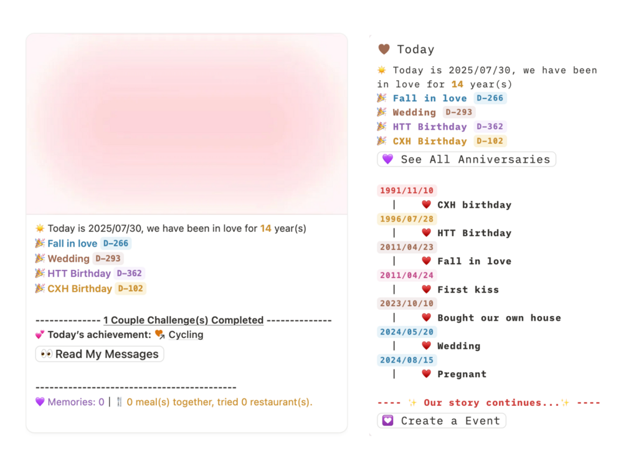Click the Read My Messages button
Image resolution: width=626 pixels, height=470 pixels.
(x=100, y=354)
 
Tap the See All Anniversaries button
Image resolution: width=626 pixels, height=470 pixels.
(x=467, y=160)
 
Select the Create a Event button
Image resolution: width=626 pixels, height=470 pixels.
(x=442, y=421)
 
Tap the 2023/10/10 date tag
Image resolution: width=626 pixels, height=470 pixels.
(x=407, y=304)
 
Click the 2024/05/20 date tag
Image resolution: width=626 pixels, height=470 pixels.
(x=407, y=332)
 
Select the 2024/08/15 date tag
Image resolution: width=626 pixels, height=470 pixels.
(x=407, y=360)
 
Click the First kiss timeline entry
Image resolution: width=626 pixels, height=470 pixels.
(x=468, y=289)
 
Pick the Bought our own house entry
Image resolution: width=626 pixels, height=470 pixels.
(x=499, y=318)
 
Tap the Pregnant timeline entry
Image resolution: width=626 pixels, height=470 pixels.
(x=462, y=374)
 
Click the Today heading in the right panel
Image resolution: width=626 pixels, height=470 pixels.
(x=415, y=50)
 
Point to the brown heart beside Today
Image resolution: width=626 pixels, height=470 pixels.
(x=384, y=49)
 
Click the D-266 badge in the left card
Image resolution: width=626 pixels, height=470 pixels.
(x=116, y=244)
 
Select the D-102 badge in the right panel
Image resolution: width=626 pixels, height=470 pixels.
(x=490, y=141)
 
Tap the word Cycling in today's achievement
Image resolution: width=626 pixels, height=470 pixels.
(x=186, y=335)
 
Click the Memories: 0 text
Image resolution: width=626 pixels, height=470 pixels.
(x=75, y=402)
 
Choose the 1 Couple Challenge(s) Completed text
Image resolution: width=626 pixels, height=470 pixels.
(x=183, y=320)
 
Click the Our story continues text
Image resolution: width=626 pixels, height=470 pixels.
(x=491, y=403)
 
